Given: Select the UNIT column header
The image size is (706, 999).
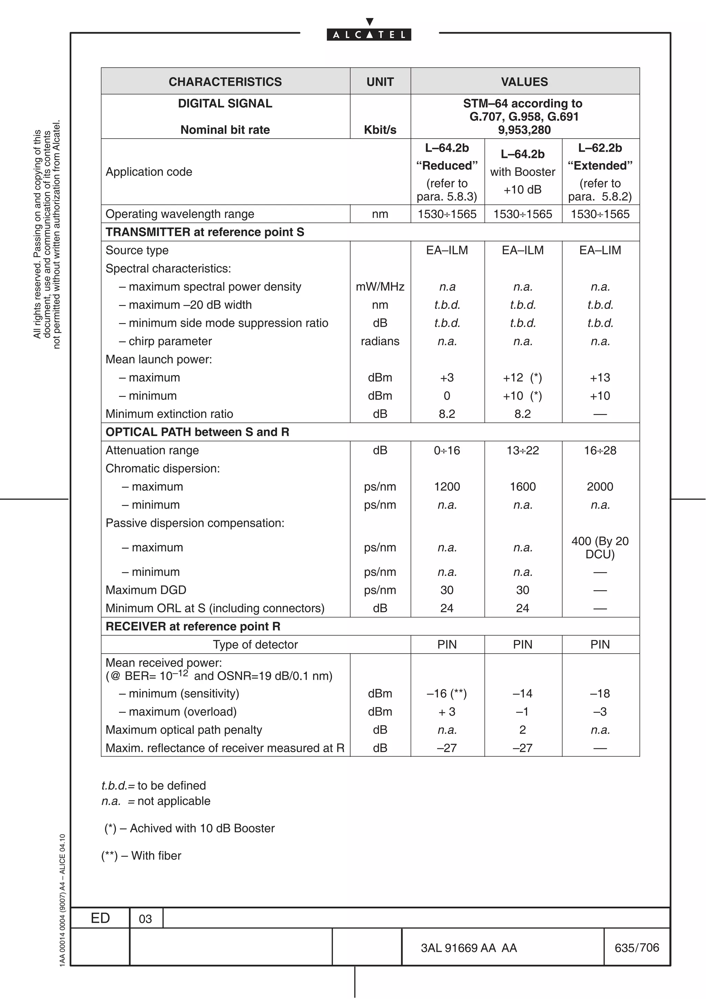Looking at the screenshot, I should point(380,82).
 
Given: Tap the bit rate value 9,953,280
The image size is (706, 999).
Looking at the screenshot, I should point(524,130).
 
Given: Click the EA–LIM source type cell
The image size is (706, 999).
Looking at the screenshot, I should point(600,250).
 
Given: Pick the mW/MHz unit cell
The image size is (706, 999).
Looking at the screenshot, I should point(380,287).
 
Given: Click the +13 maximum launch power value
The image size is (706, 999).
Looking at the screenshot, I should point(600,378).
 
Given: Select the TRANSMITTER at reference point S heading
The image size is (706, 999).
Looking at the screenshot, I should point(205,232).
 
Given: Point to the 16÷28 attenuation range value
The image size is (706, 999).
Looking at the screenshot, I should point(600,450).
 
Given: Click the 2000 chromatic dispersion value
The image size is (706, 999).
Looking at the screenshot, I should point(600,486).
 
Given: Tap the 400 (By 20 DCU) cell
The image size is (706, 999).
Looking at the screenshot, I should point(600,547).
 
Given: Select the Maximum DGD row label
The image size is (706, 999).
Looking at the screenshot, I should point(146,590).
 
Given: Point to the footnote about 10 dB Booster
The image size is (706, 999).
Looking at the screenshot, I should point(190,828).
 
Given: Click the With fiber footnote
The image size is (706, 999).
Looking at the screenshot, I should point(141,855).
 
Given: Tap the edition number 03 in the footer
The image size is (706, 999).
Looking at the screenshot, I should point(145,919).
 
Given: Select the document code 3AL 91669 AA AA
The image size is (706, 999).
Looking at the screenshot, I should point(468,948).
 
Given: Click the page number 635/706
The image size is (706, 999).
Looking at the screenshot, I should point(636,948).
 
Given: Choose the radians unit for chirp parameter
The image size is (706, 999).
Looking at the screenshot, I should point(380,341).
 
